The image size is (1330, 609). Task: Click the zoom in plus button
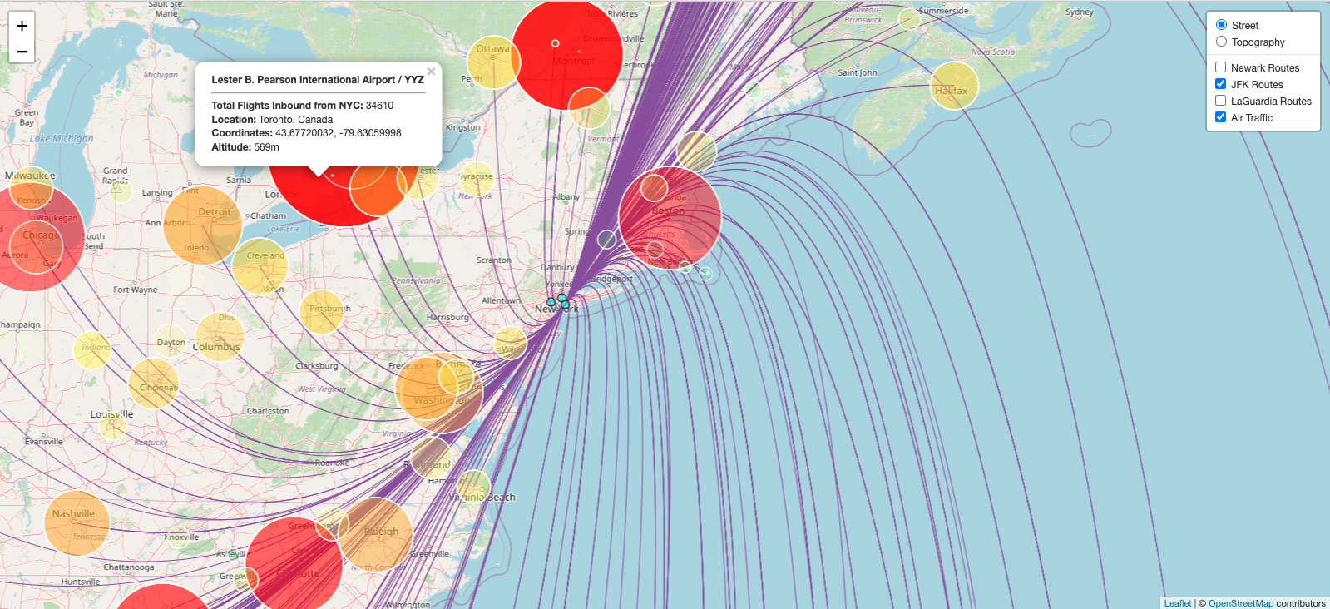pyautogui.click(x=22, y=25)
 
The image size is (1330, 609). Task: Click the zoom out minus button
pyautogui.click(x=22, y=52)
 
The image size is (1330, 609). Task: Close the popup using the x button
pyautogui.click(x=431, y=72)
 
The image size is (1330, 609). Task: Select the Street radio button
pyautogui.click(x=1221, y=25)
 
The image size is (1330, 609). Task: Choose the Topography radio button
pyautogui.click(x=1221, y=42)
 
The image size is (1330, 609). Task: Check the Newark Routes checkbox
pyautogui.click(x=1220, y=67)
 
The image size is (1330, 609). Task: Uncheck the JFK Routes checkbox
pyautogui.click(x=1220, y=84)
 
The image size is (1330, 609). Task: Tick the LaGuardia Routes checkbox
pyautogui.click(x=1220, y=101)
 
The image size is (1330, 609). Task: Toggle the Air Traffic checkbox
pyautogui.click(x=1220, y=117)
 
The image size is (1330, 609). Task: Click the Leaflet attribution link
pyautogui.click(x=1177, y=603)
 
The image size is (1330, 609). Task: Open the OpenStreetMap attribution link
pyautogui.click(x=1240, y=603)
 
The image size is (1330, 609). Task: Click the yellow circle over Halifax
pyautogui.click(x=953, y=86)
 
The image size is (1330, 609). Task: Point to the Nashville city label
pyautogui.click(x=73, y=514)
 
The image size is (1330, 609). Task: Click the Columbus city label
pyautogui.click(x=216, y=347)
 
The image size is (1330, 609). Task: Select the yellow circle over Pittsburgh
pyautogui.click(x=321, y=312)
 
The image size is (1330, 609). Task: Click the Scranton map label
pyautogui.click(x=493, y=260)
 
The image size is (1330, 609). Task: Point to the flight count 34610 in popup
pyautogui.click(x=379, y=106)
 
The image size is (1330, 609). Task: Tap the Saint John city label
pyautogui.click(x=857, y=73)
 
